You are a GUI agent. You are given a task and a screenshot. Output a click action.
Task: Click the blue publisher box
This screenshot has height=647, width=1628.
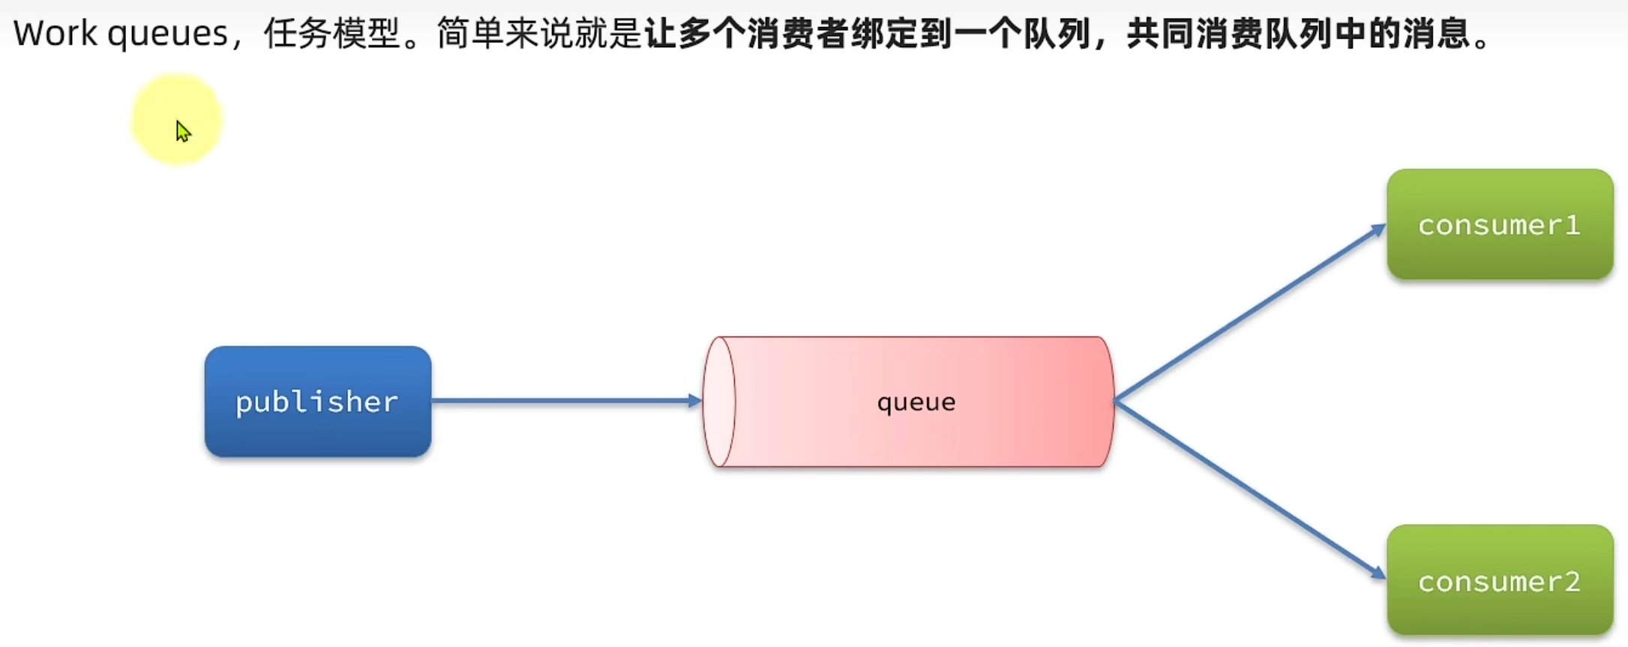317,401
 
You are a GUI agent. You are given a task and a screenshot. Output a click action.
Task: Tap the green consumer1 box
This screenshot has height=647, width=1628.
1499,224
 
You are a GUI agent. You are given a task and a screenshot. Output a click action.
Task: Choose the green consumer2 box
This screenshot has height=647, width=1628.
1499,580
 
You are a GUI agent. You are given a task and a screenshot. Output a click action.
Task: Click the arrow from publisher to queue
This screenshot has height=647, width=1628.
562,401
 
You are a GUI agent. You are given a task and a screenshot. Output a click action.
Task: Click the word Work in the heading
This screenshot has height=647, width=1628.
55,34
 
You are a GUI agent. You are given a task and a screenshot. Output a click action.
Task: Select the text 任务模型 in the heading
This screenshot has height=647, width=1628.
331,34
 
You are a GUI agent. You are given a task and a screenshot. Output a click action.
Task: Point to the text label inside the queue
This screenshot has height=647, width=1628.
916,403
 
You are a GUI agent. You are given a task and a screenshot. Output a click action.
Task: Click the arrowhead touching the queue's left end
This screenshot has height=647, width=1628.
695,401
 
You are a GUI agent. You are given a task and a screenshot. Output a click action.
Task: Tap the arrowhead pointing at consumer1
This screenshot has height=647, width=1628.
1378,229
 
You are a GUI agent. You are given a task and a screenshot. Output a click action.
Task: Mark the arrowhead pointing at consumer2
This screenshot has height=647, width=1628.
1378,574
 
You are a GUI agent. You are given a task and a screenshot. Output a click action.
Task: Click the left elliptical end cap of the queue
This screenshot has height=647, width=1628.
720,402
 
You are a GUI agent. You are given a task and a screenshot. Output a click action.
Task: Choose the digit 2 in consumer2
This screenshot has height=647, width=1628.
1573,581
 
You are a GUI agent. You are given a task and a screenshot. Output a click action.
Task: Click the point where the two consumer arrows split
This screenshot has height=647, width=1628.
1117,401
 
